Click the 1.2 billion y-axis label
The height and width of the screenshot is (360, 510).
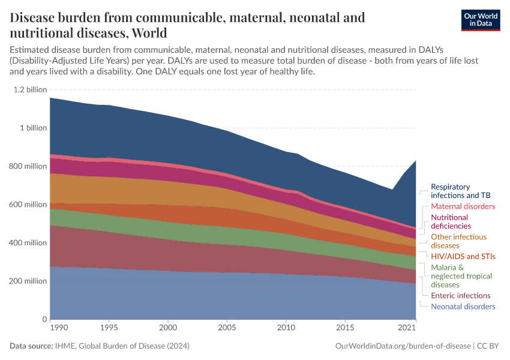(29, 89)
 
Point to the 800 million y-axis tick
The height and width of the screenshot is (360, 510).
(29, 166)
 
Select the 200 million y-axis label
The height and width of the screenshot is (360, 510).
(29, 281)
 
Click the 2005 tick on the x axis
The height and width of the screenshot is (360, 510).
(227, 328)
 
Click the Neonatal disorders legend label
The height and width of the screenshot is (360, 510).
(463, 307)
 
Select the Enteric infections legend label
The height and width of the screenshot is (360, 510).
(461, 296)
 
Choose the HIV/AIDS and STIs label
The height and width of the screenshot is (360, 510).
(463, 257)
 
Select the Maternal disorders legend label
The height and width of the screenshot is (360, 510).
(463, 206)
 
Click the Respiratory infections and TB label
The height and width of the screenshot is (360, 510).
(458, 191)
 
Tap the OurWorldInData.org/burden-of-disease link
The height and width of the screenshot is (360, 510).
(400, 346)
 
